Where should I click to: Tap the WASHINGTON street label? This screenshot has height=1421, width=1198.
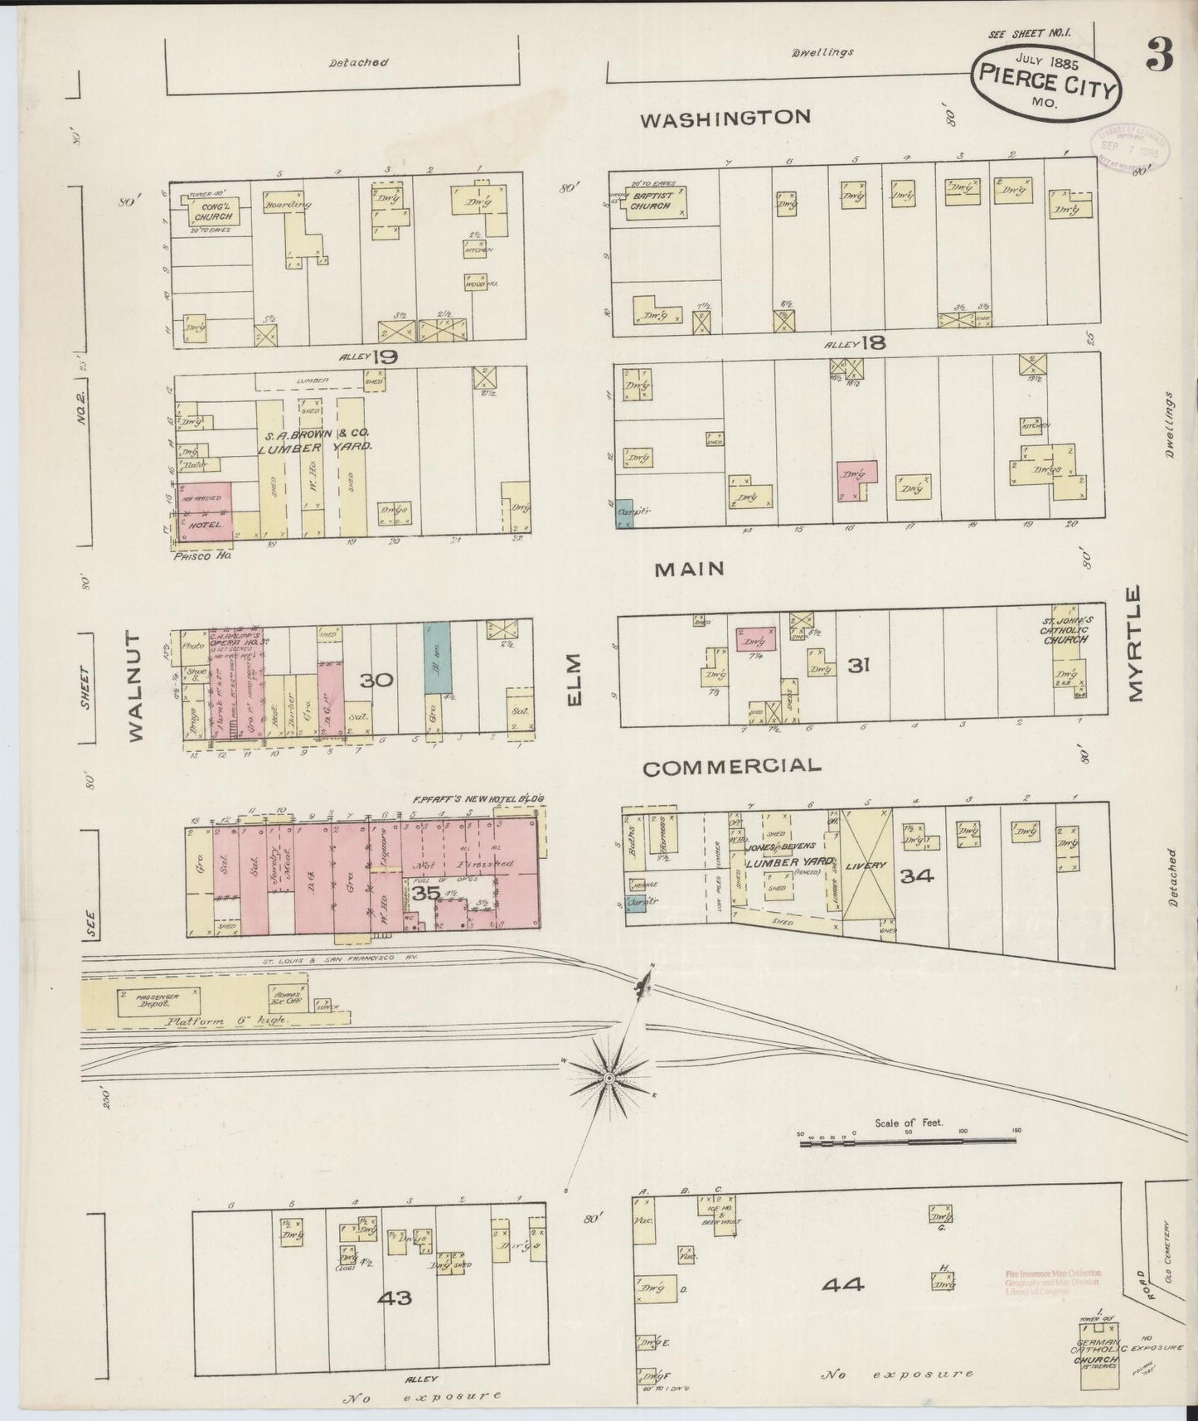click(726, 118)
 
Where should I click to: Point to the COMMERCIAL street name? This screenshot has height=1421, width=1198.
click(731, 767)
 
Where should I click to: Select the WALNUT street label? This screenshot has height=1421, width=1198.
click(137, 686)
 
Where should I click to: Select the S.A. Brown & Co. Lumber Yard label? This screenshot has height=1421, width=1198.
click(317, 439)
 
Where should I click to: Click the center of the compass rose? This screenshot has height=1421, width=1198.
click(608, 1077)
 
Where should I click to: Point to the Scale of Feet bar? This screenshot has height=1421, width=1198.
click(908, 1142)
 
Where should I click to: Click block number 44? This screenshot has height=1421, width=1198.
click(844, 1285)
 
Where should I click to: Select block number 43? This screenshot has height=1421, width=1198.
click(394, 1297)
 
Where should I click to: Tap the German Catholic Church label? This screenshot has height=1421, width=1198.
click(1097, 1352)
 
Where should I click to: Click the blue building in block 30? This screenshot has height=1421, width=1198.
click(432, 658)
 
